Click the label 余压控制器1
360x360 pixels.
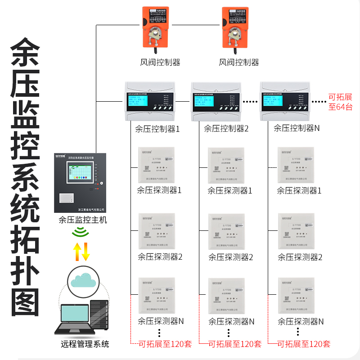157,129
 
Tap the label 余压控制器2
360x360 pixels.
226,128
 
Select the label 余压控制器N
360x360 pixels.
297,128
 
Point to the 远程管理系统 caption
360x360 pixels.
85,345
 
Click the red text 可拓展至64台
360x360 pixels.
340,102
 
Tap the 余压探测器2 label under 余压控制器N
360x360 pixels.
300,257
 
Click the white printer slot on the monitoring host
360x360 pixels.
67,197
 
